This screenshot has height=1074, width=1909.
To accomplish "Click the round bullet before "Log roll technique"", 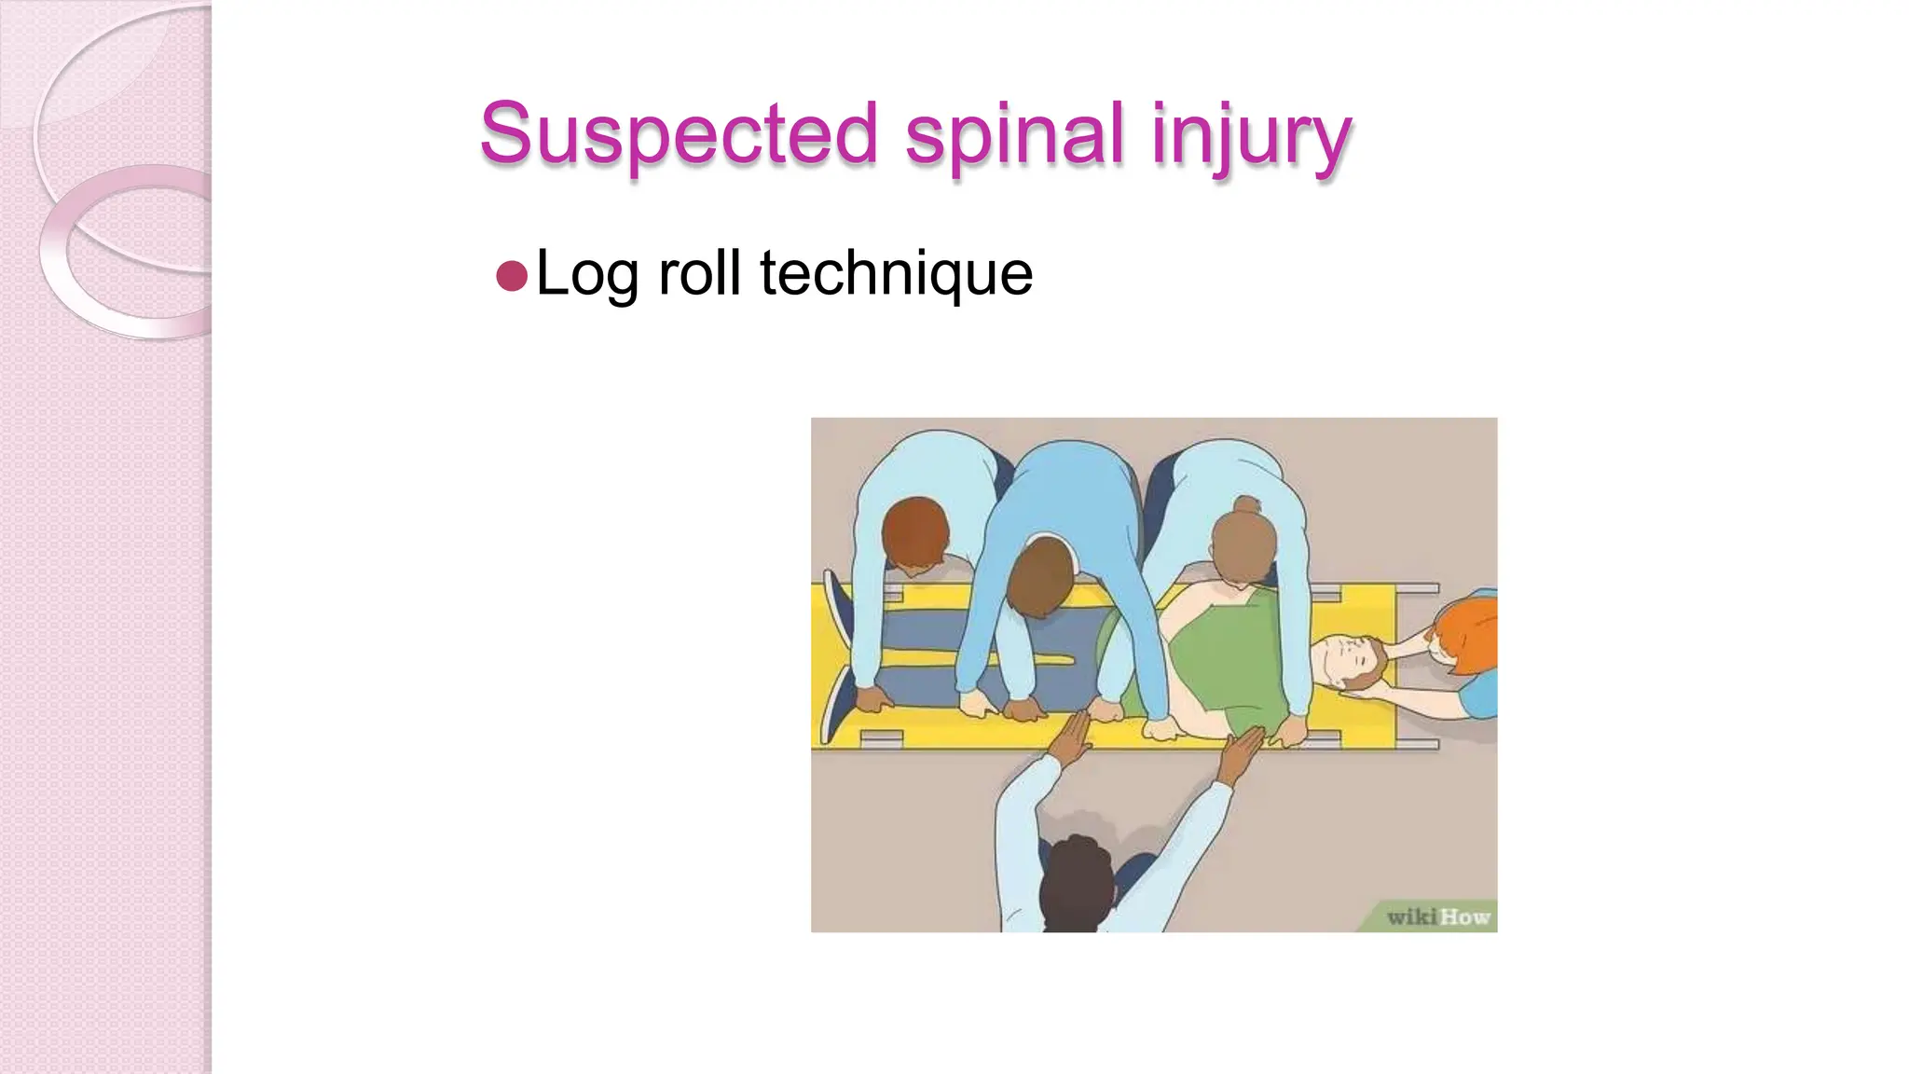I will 512,276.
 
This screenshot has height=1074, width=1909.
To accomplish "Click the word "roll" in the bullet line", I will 699,272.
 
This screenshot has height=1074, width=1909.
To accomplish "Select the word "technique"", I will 896,274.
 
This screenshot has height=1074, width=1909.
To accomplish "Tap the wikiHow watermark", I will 1437,916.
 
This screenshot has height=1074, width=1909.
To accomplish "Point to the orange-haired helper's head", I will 1467,634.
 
